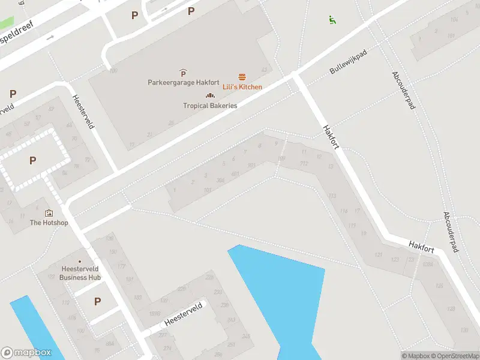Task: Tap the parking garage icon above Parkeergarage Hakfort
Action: [183, 73]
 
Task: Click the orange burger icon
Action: [242, 77]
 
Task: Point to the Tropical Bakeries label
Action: [210, 106]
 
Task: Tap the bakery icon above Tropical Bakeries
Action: [210, 95]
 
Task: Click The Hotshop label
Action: [49, 223]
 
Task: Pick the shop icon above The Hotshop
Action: [49, 213]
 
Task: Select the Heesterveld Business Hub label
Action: [80, 273]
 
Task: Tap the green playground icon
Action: [332, 20]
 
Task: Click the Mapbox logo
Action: [30, 353]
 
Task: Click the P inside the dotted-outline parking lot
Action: [32, 160]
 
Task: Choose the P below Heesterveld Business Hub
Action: [97, 301]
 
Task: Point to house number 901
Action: [251, 164]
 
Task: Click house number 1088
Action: [427, 264]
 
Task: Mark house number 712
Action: [304, 163]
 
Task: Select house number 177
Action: [122, 266]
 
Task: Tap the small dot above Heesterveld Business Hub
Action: [80, 259]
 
